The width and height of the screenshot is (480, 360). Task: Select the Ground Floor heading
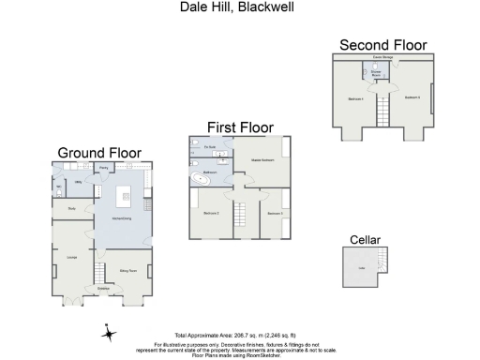[99, 153]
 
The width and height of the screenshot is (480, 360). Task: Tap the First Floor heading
[240, 126]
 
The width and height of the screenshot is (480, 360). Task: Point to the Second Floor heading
[382, 45]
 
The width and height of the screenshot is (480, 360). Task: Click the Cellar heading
[365, 240]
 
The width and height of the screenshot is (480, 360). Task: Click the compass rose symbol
[109, 333]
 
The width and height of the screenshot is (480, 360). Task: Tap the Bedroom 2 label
[210, 214]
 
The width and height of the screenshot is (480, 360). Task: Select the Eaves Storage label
[382, 58]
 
